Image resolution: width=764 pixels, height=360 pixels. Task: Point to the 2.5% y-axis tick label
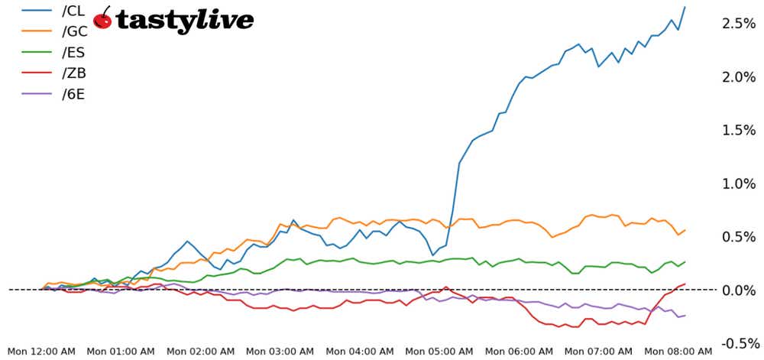(739, 24)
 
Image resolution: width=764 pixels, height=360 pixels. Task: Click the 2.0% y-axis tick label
(739, 77)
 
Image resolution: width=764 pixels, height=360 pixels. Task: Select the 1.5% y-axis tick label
(739, 131)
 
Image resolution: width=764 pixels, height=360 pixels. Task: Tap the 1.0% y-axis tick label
(739, 183)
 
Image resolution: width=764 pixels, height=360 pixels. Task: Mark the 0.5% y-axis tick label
(739, 237)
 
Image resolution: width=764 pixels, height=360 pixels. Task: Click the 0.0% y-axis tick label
(739, 290)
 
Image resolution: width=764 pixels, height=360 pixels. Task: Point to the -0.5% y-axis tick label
(737, 343)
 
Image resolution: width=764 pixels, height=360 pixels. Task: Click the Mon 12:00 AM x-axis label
(41, 352)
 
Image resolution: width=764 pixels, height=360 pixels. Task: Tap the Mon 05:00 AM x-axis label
(440, 352)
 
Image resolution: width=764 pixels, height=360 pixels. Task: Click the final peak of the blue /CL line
(685, 7)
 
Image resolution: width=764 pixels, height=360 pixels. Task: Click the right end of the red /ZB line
(685, 284)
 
